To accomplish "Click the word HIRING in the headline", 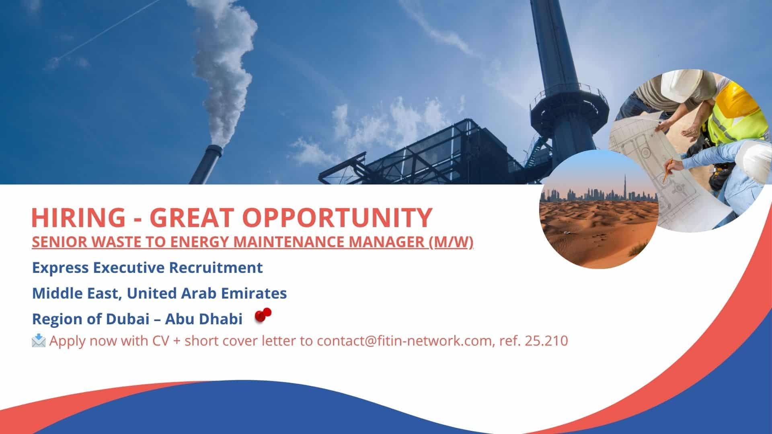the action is click(78, 217).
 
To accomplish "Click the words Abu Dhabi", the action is click(204, 319).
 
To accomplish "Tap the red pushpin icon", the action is click(263, 315).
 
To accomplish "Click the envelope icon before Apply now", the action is click(39, 341).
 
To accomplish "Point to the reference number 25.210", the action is click(546, 341).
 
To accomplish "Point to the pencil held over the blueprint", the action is click(666, 171).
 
